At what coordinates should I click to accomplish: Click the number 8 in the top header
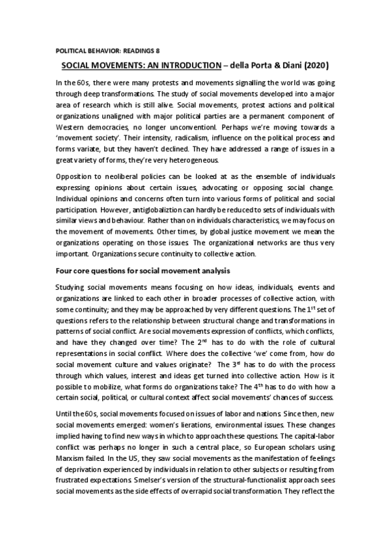tap(157, 50)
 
